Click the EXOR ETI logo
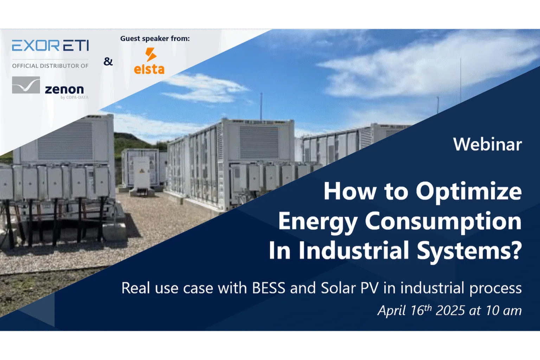coord(50,45)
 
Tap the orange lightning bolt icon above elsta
coord(151,54)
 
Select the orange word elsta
coord(149,69)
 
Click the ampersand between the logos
coord(108,62)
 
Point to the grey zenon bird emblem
coord(26,85)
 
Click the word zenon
coord(64,89)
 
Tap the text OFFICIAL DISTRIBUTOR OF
coord(50,66)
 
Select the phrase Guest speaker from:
coord(155,38)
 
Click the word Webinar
coord(488,144)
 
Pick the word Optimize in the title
coord(469,192)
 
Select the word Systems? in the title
coord(469,251)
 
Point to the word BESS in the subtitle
coord(269,288)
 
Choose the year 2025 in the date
coord(450,310)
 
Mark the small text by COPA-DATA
coord(75,97)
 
